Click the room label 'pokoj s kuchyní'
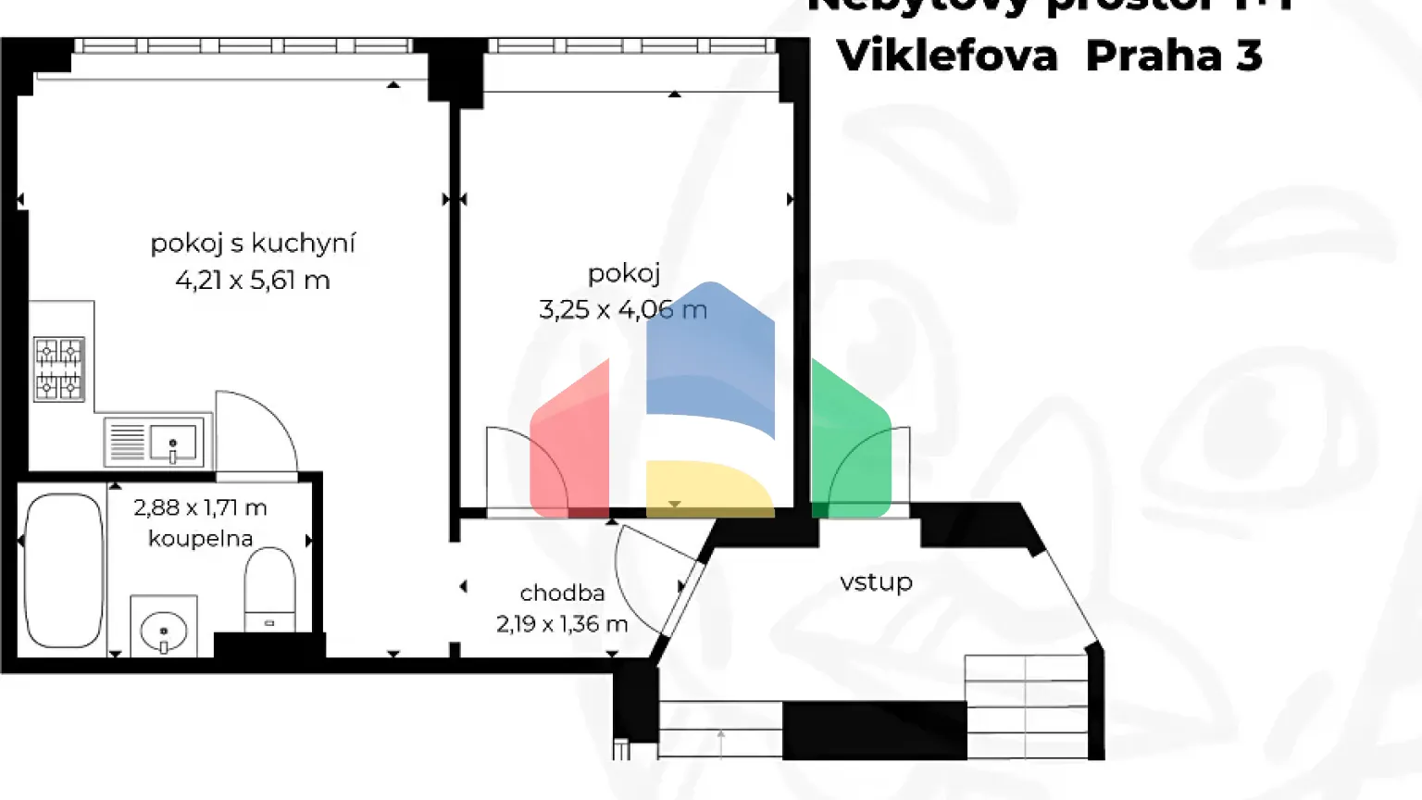tap(253, 244)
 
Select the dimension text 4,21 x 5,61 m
tap(253, 280)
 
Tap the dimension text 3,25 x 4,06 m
tap(623, 309)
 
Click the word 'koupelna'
tap(200, 538)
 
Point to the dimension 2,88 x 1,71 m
tap(200, 507)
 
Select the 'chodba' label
tap(562, 593)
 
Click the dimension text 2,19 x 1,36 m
tap(562, 624)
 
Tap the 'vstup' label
tap(876, 581)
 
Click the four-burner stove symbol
tap(59, 369)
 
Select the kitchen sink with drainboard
tap(156, 441)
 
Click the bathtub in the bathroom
tap(63, 570)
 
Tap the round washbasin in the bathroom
tap(164, 631)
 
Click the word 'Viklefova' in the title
tap(947, 56)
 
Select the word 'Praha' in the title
tap(1154, 56)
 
